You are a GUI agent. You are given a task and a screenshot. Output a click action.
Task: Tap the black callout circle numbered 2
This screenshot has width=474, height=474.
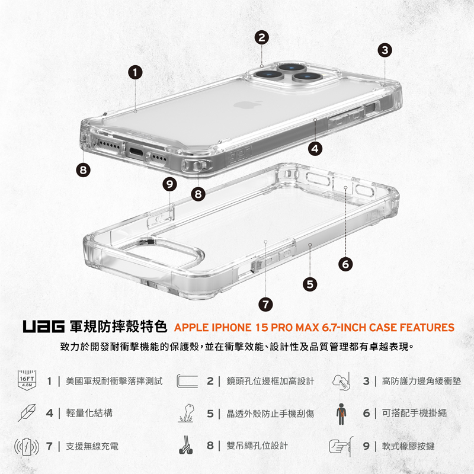[262, 37]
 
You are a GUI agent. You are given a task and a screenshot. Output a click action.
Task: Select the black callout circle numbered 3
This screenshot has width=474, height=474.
[385, 50]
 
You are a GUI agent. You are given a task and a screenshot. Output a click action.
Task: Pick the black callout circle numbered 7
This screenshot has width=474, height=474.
[266, 304]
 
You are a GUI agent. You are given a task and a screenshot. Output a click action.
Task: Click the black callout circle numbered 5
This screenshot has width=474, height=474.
[309, 284]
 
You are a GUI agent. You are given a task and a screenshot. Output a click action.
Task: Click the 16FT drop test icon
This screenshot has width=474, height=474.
[27, 380]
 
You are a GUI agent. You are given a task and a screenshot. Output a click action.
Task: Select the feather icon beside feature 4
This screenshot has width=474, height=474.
[27, 412]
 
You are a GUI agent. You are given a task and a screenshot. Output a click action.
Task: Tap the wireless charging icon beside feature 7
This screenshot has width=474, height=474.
[26, 446]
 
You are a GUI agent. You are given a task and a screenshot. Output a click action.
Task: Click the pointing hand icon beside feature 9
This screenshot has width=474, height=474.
[340, 446]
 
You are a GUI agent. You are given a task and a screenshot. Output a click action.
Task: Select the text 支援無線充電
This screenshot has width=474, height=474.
[92, 446]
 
